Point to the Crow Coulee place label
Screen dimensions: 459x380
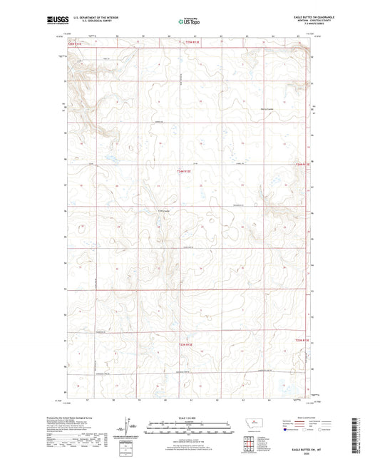point(163,210)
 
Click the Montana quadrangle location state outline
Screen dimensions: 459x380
point(247,430)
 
